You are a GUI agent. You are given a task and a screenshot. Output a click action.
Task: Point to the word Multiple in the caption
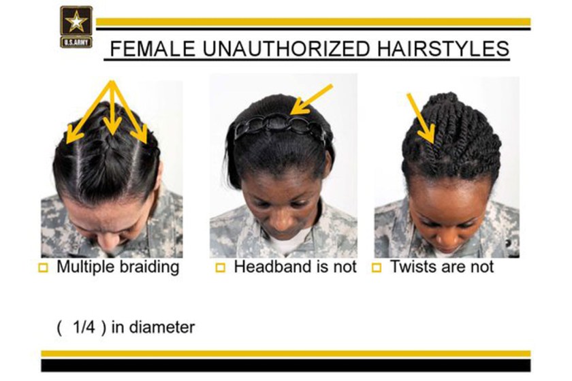(83, 267)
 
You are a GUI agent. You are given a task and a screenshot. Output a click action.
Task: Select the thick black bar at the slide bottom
(285, 365)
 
